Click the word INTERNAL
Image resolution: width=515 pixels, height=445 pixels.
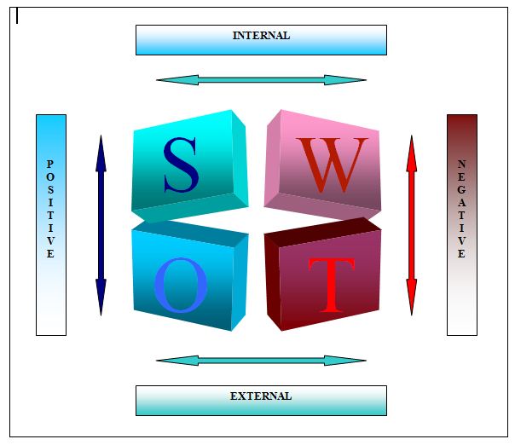click(x=261, y=36)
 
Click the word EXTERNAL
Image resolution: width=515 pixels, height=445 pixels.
click(x=261, y=396)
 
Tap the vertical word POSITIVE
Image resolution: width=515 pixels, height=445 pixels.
click(x=50, y=209)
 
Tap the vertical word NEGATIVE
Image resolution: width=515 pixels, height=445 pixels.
click(x=461, y=209)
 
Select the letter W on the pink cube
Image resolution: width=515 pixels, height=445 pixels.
click(x=333, y=165)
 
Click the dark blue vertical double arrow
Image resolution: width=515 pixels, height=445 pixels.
click(x=101, y=225)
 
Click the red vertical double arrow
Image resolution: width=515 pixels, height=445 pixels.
click(x=412, y=225)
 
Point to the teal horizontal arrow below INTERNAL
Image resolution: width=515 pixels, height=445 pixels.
click(x=261, y=80)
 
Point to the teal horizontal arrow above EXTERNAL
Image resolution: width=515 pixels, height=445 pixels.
click(x=261, y=361)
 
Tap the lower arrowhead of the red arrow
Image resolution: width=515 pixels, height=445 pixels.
click(x=412, y=300)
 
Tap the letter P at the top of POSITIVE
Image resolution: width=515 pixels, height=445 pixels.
click(x=50, y=164)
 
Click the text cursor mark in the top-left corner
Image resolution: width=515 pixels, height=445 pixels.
click(x=17, y=15)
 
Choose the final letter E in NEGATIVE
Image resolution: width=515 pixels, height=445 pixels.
click(x=461, y=254)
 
